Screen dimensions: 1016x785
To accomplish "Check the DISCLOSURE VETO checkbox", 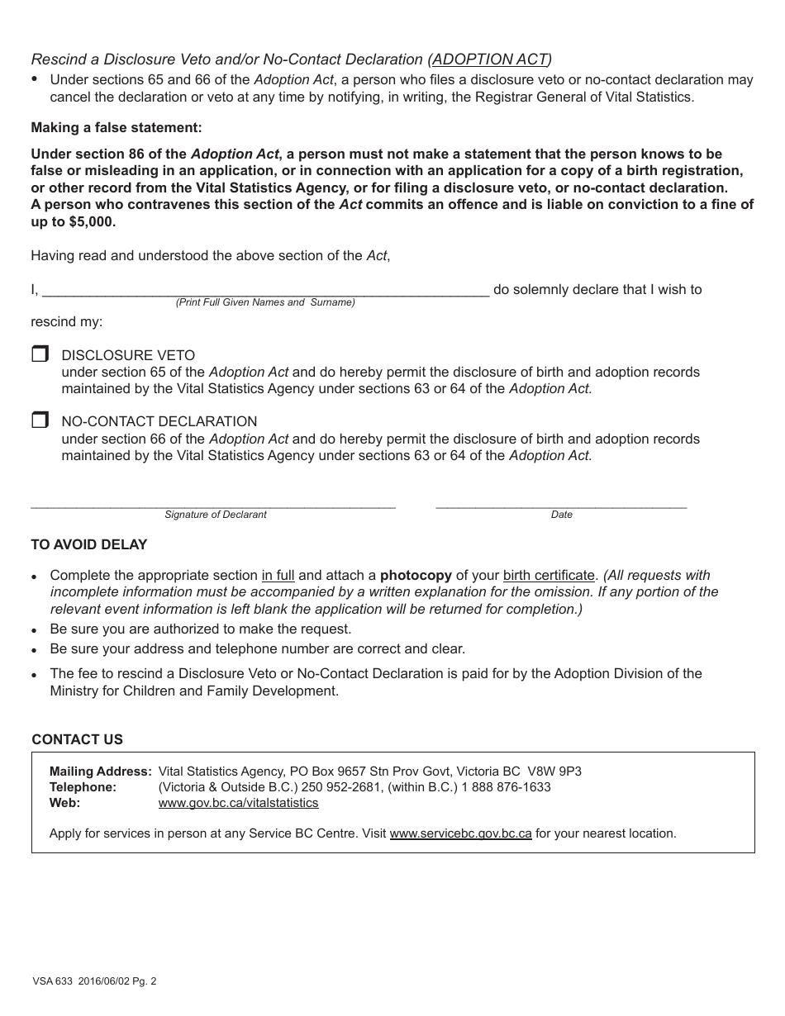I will pos(40,354).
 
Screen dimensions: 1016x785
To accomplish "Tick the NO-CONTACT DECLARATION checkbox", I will pos(40,420).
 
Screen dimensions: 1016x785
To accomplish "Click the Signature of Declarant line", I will pos(213,502).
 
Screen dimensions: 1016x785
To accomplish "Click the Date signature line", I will pos(560,502).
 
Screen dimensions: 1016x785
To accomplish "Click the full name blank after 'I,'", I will pos(264,289).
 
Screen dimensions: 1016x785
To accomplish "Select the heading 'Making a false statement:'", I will pos(117,127).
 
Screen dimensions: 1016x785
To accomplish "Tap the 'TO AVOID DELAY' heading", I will pos(89,544).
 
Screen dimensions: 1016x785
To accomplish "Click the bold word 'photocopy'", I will pos(416,575).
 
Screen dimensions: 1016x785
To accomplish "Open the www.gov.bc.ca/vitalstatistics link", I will pos(238,803).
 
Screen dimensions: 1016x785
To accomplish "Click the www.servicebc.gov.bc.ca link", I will pos(460,833).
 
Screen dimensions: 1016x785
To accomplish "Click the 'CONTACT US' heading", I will pos(77,739).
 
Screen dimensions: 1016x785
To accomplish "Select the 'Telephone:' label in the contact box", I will pos(83,787).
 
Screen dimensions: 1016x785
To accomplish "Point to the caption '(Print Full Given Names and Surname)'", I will pos(265,302).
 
